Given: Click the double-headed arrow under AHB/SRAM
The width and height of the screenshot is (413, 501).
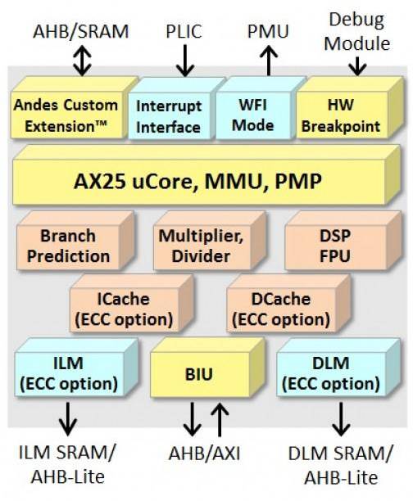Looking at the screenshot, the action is pyautogui.click(x=82, y=61).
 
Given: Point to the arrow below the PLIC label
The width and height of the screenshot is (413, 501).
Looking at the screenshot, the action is pyautogui.click(x=185, y=61).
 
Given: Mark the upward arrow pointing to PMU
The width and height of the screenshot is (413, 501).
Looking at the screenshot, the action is pyautogui.click(x=269, y=61).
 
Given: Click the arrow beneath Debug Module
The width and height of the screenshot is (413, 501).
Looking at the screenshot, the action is pyautogui.click(x=357, y=66).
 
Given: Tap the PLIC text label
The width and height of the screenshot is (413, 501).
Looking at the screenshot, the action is pyautogui.click(x=184, y=31).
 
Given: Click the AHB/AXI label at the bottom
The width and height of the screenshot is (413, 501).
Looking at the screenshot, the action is pyautogui.click(x=204, y=453).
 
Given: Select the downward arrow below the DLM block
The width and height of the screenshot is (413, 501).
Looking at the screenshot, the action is pyautogui.click(x=341, y=419).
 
